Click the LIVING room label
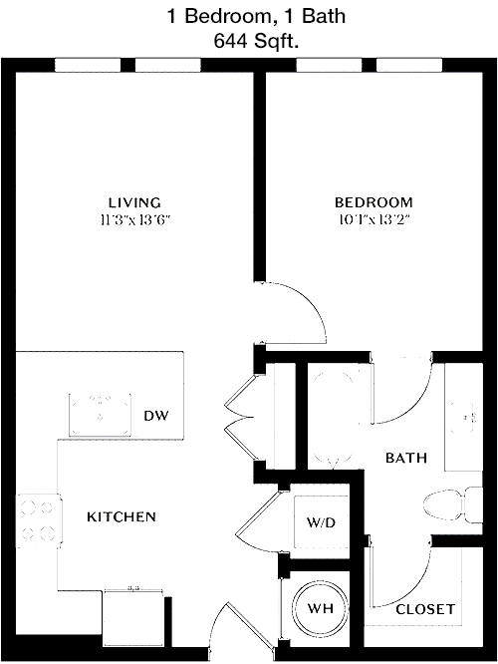[x=134, y=202]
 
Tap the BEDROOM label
[x=373, y=202]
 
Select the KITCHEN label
[x=122, y=516]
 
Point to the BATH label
[x=406, y=458]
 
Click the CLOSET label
[x=425, y=609]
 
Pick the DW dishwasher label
[x=156, y=416]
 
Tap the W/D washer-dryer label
[x=321, y=522]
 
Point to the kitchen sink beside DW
[x=101, y=415]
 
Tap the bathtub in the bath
[x=334, y=417]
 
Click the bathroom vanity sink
[x=464, y=417]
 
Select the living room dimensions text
[x=135, y=220]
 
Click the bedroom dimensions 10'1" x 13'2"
[x=374, y=220]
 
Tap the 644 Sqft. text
[x=256, y=41]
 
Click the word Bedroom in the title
[x=228, y=16]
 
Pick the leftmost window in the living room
[x=88, y=65]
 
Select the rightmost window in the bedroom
[x=409, y=65]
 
